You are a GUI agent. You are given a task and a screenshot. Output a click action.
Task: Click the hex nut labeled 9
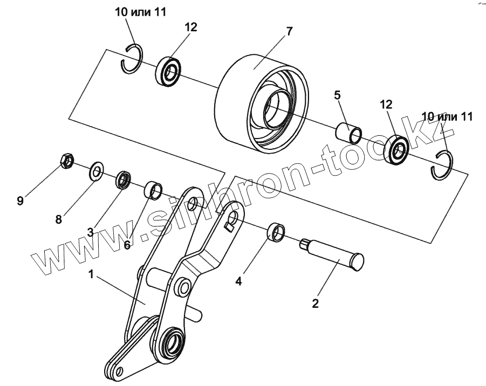[65, 161]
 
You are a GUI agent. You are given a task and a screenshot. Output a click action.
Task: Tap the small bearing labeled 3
[124, 179]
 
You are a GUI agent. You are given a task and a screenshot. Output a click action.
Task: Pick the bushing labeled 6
[153, 190]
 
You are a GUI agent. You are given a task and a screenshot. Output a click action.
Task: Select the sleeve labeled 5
[348, 133]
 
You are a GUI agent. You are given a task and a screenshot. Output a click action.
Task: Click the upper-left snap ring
[132, 58]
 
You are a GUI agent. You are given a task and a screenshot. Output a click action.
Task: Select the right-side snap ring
[443, 164]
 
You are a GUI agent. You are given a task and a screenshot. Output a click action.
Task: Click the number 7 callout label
[289, 31]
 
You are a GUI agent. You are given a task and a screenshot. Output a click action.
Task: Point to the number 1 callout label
[92, 274]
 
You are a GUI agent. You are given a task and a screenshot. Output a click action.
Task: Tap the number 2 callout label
[316, 303]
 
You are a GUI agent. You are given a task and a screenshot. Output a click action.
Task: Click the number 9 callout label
[20, 201]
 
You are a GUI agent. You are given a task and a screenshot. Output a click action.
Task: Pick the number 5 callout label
[337, 95]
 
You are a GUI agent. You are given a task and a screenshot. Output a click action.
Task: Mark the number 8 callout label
[58, 219]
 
